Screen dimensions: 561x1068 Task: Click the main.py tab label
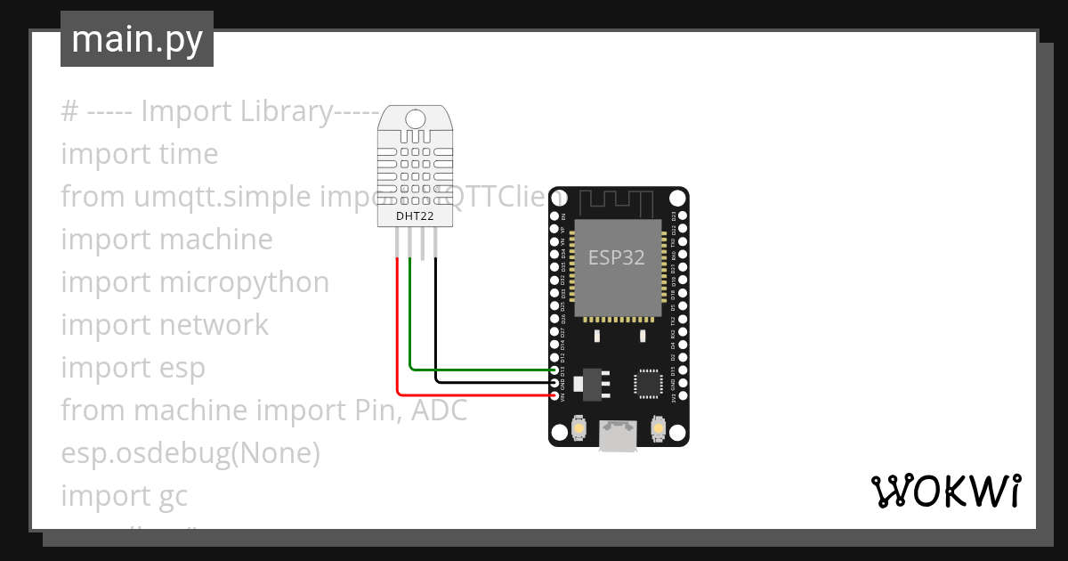tap(136, 40)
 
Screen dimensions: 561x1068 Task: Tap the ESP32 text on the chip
tap(617, 257)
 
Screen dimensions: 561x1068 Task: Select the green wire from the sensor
tap(481, 368)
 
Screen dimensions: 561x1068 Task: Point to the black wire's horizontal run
tap(494, 381)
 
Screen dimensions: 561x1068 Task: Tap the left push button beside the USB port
tap(579, 428)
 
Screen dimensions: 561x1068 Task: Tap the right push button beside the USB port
tap(659, 428)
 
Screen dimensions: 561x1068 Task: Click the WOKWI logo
tap(945, 491)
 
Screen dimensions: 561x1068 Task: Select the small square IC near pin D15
tap(647, 384)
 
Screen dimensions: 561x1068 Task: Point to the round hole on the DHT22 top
tap(415, 118)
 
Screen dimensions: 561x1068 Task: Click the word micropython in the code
tap(244, 282)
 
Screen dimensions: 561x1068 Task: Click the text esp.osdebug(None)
tap(190, 453)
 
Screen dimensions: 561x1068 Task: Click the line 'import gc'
tap(125, 495)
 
